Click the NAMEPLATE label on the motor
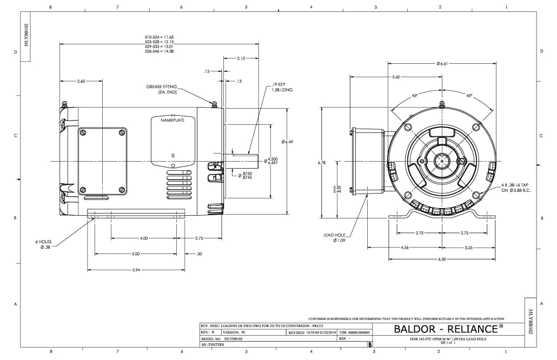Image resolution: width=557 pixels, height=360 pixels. pyautogui.click(x=173, y=120)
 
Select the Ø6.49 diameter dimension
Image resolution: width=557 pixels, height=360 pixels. pyautogui.click(x=287, y=142)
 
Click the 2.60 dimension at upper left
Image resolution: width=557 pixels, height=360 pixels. pyautogui.click(x=81, y=81)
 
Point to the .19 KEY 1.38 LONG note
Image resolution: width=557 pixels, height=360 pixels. pyautogui.click(x=282, y=87)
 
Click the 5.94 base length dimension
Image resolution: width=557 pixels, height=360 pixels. pyautogui.click(x=136, y=270)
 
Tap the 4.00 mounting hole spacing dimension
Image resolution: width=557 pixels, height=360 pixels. pyautogui.click(x=143, y=238)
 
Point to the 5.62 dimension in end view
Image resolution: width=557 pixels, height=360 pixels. pyautogui.click(x=396, y=77)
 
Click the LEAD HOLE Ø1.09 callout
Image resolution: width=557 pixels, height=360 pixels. pyautogui.click(x=335, y=237)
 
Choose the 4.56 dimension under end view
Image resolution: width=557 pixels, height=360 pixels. pyautogui.click(x=405, y=247)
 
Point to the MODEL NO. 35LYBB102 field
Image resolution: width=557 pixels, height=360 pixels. pyautogui.click(x=222, y=338)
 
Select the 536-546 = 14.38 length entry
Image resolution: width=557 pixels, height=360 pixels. pyautogui.click(x=159, y=51)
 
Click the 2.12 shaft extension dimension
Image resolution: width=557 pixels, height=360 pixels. pyautogui.click(x=241, y=58)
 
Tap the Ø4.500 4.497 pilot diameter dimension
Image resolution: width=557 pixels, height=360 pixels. pyautogui.click(x=271, y=161)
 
